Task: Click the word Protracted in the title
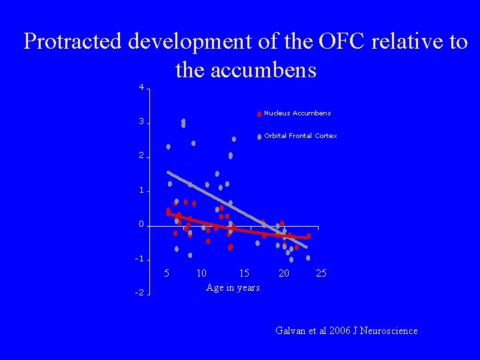pos(73,42)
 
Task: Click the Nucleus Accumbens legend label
pos(297,113)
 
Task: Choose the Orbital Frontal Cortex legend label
pos(301,136)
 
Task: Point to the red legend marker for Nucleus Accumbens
pos(259,114)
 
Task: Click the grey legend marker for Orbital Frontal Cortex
pos(259,137)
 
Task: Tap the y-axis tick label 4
pos(141,87)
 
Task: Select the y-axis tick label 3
pos(141,122)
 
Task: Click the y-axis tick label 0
pos(141,225)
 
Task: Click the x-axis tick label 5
pos(167,273)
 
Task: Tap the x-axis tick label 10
pos(201,273)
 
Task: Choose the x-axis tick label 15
pos(244,273)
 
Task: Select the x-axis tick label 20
pos(284,273)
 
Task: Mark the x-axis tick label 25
pos(321,273)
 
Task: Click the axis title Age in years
pos(233,287)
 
